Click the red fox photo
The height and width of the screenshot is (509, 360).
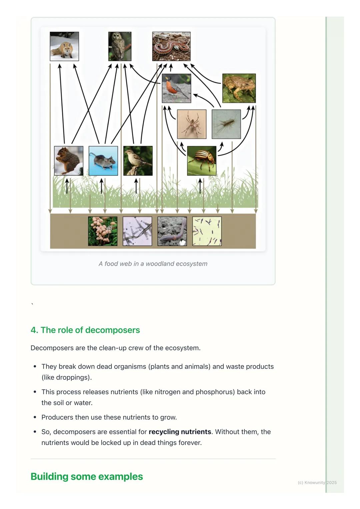click(x=64, y=46)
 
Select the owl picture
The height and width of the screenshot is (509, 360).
click(x=120, y=46)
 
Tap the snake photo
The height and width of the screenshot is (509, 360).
click(x=171, y=46)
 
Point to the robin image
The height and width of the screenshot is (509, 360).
click(x=176, y=88)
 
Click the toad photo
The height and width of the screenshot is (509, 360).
click(x=239, y=88)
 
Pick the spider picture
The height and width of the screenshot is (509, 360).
click(x=192, y=124)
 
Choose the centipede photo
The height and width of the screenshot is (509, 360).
click(x=226, y=124)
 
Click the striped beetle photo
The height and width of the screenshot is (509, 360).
click(x=202, y=161)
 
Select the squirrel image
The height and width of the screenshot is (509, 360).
click(x=69, y=161)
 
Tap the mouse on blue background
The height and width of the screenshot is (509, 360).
click(x=103, y=161)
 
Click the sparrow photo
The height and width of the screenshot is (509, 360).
click(x=138, y=161)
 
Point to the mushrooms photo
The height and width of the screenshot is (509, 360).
click(x=103, y=231)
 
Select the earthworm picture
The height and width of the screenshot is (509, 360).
click(x=172, y=231)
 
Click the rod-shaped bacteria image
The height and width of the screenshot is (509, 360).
click(x=207, y=231)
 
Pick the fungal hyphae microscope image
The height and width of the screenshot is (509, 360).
click(x=137, y=231)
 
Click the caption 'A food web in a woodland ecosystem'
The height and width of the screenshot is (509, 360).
click(x=153, y=264)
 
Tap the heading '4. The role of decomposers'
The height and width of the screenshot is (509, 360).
click(x=85, y=330)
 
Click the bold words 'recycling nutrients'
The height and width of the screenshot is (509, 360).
click(x=180, y=432)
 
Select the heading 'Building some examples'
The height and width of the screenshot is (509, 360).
click(x=87, y=476)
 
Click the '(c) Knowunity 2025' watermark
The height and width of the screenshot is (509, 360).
click(x=317, y=482)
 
